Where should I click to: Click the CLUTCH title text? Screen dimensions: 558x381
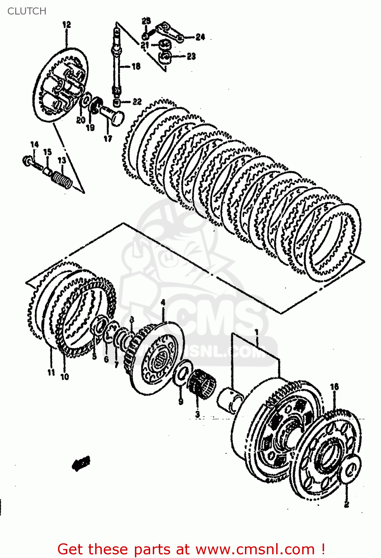coord(27,11)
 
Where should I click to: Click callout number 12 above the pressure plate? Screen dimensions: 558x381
coord(67,25)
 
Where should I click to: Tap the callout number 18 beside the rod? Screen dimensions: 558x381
coord(136,66)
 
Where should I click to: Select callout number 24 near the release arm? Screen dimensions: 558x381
coord(200,37)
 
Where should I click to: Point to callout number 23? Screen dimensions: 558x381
coord(191,56)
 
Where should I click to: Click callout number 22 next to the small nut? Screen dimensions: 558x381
coord(137,101)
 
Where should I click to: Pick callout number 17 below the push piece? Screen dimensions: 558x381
coord(108,138)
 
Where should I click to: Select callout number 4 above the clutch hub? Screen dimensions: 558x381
coord(163,303)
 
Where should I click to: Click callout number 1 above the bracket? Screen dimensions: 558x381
coord(256,331)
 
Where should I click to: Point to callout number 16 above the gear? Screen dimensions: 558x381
coord(334,387)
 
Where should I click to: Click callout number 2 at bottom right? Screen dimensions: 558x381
coord(346,504)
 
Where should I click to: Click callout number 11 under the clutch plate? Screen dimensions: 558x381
coord(51,372)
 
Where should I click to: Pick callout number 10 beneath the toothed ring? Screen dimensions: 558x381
coord(65,376)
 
